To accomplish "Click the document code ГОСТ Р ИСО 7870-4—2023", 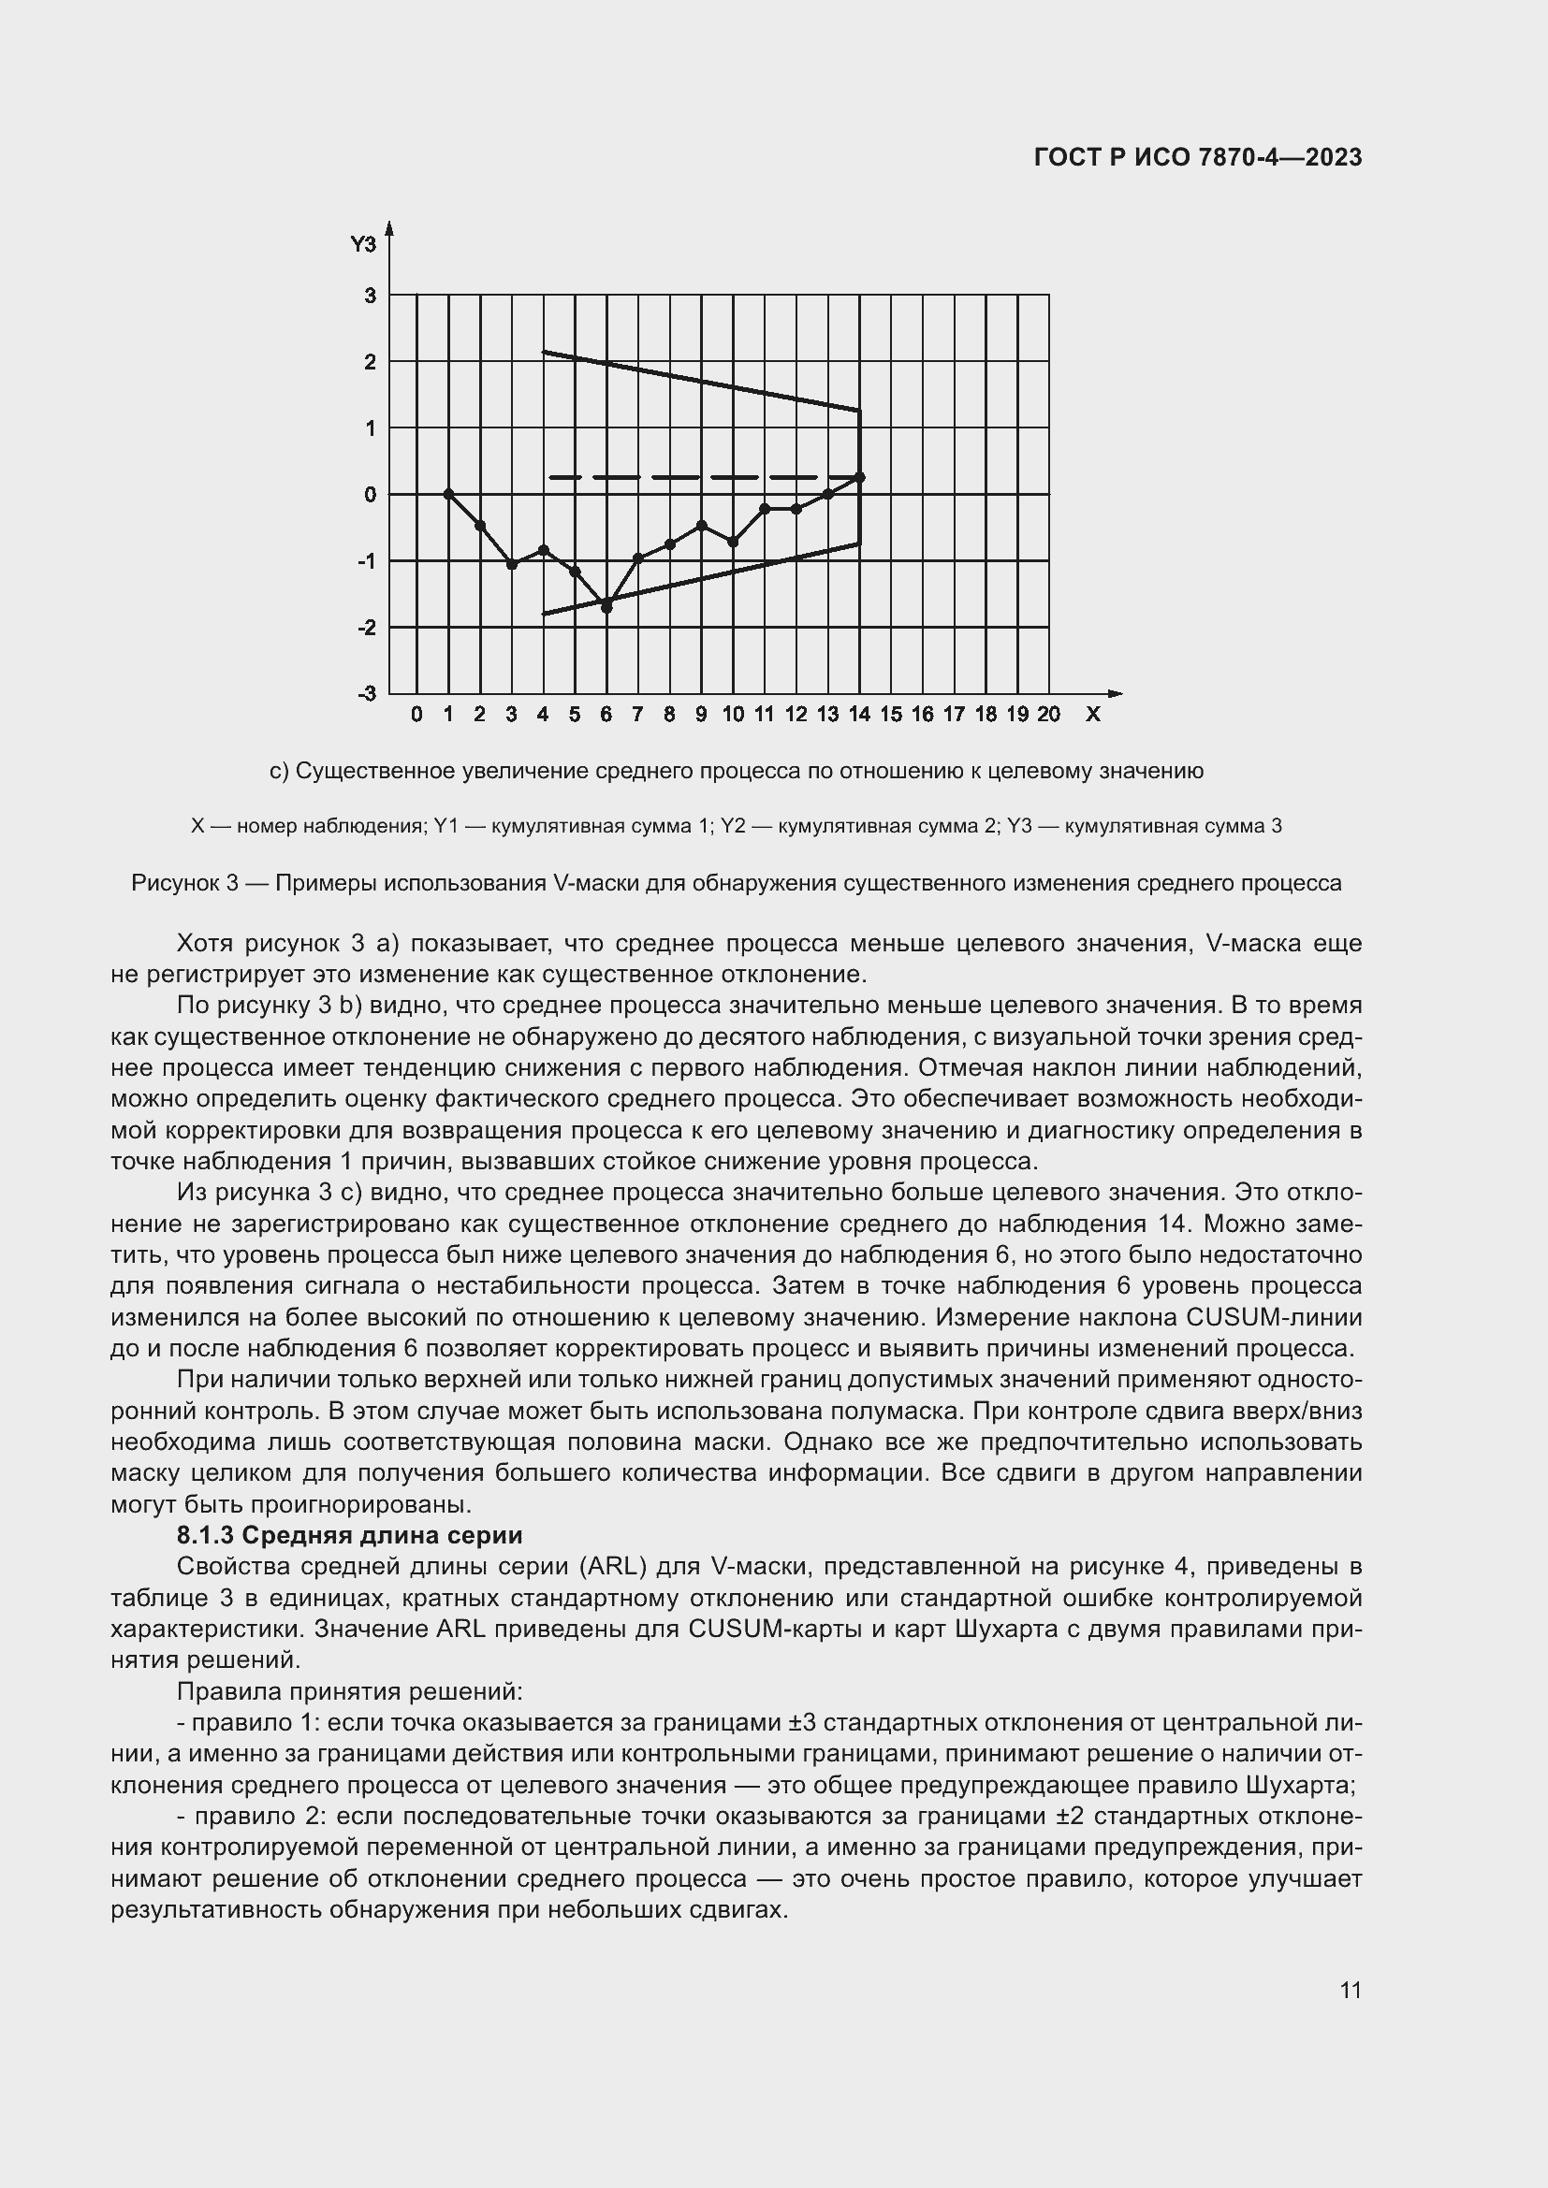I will click(1197, 158).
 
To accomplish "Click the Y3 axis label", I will click(363, 245).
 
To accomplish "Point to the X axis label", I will click(1092, 714).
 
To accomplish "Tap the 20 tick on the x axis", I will click(1048, 714).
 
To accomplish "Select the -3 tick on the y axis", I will click(368, 693).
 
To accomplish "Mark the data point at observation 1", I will click(448, 494).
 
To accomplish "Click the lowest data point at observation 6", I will click(606, 607).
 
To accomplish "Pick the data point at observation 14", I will click(860, 476).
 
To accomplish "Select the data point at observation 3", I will click(512, 564).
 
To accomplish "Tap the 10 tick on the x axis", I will click(732, 714).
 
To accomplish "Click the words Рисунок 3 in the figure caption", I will click(184, 883).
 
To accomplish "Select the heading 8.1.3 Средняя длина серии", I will click(349, 1535).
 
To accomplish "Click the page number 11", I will click(1350, 1990).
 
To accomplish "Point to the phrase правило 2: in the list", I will click(257, 1817).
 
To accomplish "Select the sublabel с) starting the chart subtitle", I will click(278, 771).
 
